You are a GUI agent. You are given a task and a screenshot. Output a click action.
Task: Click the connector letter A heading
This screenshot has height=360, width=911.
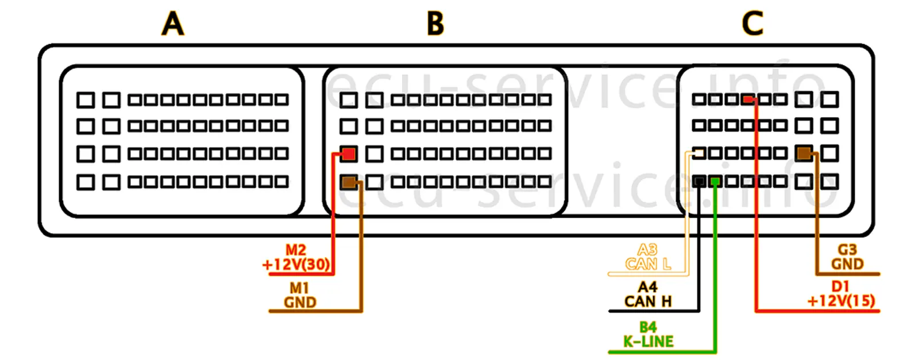173,24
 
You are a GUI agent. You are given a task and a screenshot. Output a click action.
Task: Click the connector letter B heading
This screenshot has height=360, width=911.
435,24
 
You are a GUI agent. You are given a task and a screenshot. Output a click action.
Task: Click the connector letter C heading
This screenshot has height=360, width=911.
752,24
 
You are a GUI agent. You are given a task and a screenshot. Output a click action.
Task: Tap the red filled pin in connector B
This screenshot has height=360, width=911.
348,153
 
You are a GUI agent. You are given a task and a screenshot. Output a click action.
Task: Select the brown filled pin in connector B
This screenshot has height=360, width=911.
348,182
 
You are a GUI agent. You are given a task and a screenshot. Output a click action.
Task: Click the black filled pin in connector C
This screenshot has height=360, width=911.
698,181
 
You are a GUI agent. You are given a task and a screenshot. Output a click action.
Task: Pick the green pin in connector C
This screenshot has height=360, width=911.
715,181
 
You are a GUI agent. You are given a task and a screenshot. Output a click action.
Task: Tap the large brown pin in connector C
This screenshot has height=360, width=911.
804,153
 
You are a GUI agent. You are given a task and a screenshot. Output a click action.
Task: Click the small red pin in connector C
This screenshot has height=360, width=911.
747,99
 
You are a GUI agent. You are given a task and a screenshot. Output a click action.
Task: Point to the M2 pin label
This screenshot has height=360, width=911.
296,250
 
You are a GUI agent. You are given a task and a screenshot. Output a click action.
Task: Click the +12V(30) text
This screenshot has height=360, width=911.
296,265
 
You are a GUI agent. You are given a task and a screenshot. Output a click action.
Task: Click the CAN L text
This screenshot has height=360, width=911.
648,264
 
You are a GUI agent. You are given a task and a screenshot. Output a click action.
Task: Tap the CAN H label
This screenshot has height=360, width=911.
648,301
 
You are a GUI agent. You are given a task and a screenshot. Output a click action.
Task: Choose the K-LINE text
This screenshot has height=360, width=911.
648,342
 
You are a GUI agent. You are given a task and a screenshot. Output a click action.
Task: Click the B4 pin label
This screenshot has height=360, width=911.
648,327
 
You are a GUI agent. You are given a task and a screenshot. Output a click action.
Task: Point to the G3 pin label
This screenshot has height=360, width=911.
847,250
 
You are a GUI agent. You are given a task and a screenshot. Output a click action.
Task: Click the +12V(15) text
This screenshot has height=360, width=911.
841,301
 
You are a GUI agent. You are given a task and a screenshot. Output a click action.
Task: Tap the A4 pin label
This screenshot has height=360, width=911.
647,287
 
